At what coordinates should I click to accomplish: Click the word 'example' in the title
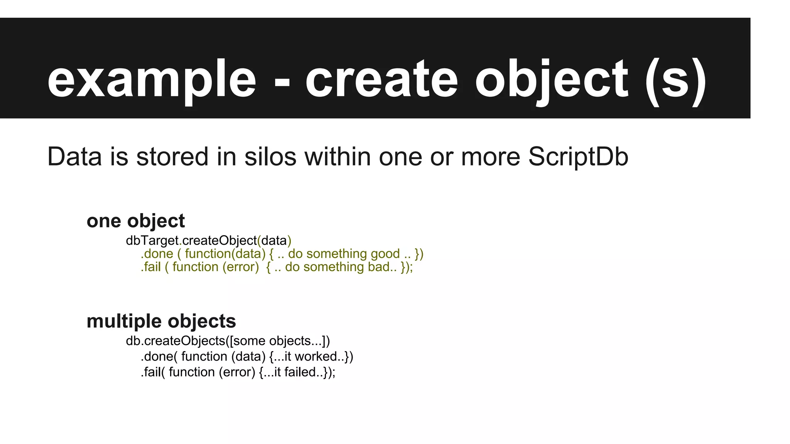(x=152, y=80)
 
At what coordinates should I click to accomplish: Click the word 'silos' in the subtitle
(x=270, y=157)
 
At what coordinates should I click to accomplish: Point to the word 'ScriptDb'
(x=578, y=157)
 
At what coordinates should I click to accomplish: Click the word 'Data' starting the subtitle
(x=74, y=157)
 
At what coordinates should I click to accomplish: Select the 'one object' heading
(x=136, y=221)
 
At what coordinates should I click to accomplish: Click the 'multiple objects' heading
(x=161, y=321)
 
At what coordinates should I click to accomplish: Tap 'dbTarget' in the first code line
(x=152, y=241)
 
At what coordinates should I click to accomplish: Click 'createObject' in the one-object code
(x=219, y=241)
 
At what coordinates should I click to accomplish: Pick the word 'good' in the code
(x=385, y=254)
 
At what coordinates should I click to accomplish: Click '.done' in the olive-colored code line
(x=157, y=254)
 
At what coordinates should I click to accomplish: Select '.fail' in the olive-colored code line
(x=150, y=267)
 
